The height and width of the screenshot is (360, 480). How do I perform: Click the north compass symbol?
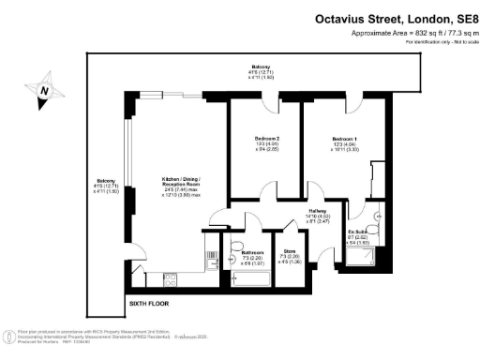pyautogui.click(x=44, y=91)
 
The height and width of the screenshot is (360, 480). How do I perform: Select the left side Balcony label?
pyautogui.click(x=105, y=185)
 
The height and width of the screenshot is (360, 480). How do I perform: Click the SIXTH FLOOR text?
pyautogui.click(x=149, y=304)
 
